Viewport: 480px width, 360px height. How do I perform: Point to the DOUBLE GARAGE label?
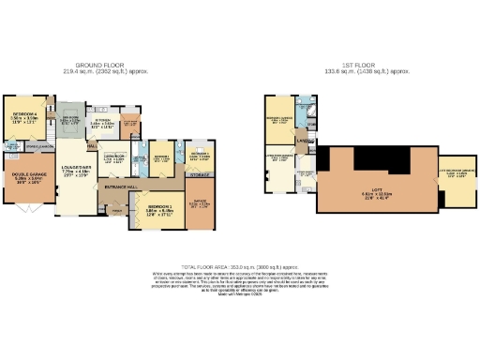[25, 173]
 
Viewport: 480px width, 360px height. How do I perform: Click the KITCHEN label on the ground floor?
[102, 120]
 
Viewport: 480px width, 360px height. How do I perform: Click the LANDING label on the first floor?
[303, 142]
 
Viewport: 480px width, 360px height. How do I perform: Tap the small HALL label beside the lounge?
[92, 145]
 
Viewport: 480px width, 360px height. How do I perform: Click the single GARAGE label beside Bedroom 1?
[200, 201]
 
